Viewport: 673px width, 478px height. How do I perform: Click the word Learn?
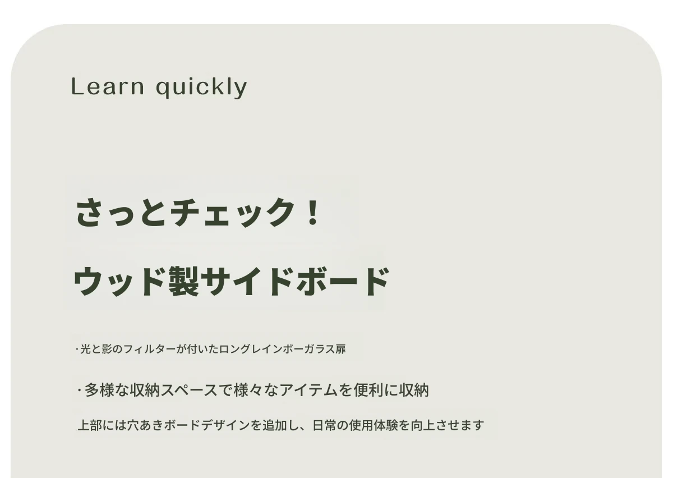(108, 86)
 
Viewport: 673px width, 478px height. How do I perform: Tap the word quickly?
(201, 88)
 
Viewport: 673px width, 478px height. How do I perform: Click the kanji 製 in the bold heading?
(183, 282)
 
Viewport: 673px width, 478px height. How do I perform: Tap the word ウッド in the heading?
(120, 282)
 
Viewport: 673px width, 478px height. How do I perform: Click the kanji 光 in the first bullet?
(85, 349)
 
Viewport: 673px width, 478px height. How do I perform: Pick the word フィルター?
(149, 349)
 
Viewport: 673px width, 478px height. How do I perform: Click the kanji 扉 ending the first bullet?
(341, 349)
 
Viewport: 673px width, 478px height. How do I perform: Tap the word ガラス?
(319, 349)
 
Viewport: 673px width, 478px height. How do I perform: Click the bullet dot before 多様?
(79, 390)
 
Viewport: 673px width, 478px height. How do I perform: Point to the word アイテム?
(309, 390)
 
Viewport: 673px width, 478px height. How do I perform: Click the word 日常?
(325, 425)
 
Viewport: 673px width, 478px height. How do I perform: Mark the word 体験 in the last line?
(386, 425)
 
